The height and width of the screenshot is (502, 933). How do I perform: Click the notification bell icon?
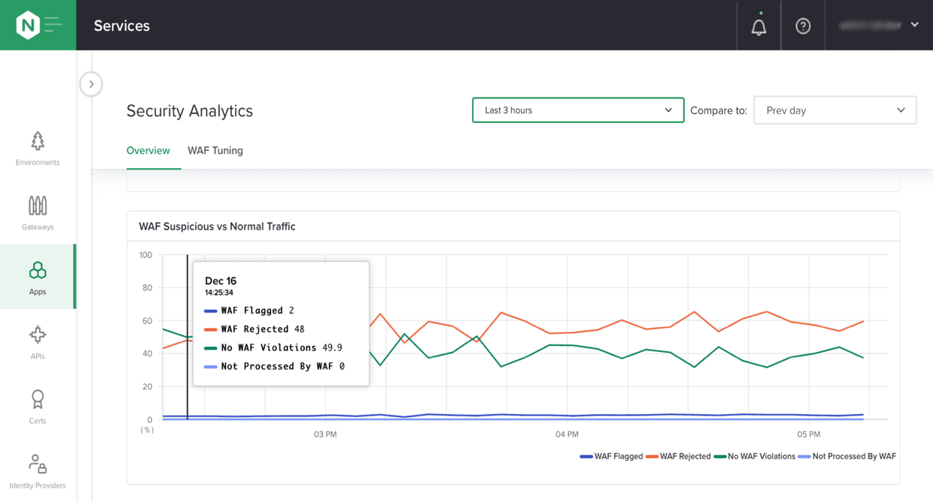(x=759, y=27)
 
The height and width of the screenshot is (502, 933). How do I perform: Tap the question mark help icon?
(x=803, y=26)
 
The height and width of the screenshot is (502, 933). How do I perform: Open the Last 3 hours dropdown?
(x=577, y=110)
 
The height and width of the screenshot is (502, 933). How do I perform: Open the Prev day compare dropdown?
(x=835, y=110)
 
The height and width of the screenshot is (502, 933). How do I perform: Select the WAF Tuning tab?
(x=215, y=151)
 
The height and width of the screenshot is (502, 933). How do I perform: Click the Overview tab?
(x=148, y=151)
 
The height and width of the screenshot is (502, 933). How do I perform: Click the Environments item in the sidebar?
(x=38, y=149)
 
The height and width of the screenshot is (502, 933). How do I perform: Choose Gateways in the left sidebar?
(x=38, y=213)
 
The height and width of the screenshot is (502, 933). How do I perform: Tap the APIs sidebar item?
(x=38, y=342)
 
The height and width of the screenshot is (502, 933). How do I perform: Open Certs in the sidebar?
(x=38, y=407)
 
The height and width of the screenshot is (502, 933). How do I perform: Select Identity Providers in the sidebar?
(x=38, y=471)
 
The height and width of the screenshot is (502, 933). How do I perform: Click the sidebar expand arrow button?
(x=92, y=84)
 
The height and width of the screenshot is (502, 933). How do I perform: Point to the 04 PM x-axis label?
(x=567, y=434)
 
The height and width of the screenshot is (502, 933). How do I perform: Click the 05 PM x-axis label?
(x=808, y=434)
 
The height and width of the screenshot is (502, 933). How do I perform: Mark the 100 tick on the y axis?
(x=146, y=255)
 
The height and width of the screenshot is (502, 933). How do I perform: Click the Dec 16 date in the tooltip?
(x=221, y=281)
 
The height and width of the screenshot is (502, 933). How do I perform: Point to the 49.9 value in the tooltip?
(x=332, y=348)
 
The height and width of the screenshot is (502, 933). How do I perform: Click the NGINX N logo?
(x=28, y=26)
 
